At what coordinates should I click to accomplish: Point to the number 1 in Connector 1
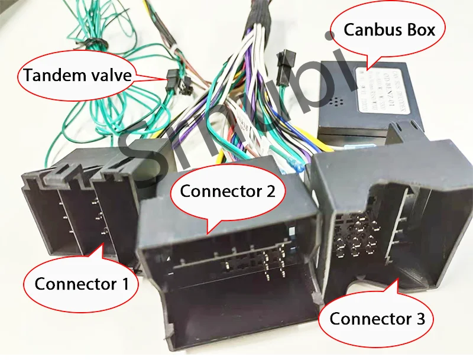(x=124, y=283)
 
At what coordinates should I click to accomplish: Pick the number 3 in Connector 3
(x=419, y=319)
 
